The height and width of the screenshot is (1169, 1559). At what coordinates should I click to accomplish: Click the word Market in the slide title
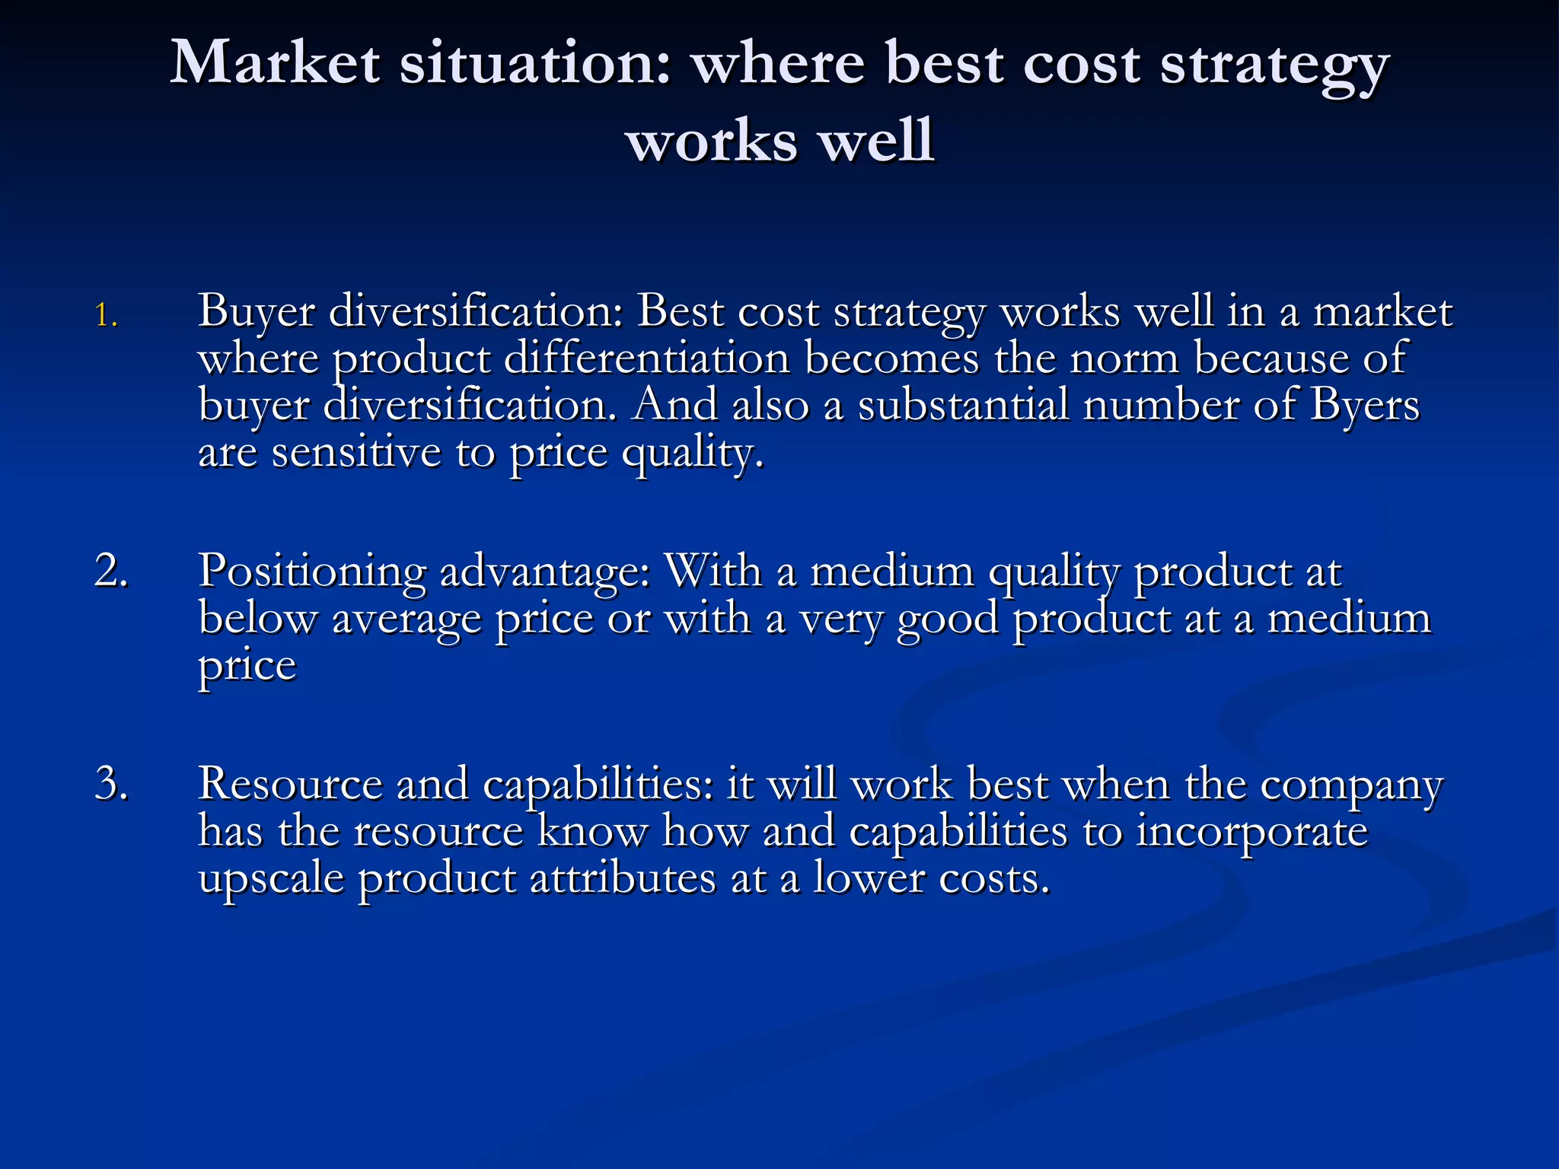click(275, 62)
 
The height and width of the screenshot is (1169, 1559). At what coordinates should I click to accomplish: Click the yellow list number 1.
click(106, 315)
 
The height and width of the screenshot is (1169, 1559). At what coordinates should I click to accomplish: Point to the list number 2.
click(111, 570)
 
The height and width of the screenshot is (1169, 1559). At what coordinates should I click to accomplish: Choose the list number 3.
click(111, 783)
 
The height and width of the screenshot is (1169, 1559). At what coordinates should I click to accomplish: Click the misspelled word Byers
click(1364, 405)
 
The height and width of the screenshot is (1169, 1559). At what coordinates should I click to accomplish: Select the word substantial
click(964, 405)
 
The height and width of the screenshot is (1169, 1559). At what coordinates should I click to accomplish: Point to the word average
click(406, 618)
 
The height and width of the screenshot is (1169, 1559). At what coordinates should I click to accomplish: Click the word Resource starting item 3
click(290, 783)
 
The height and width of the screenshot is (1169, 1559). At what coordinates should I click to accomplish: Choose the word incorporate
click(1252, 832)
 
